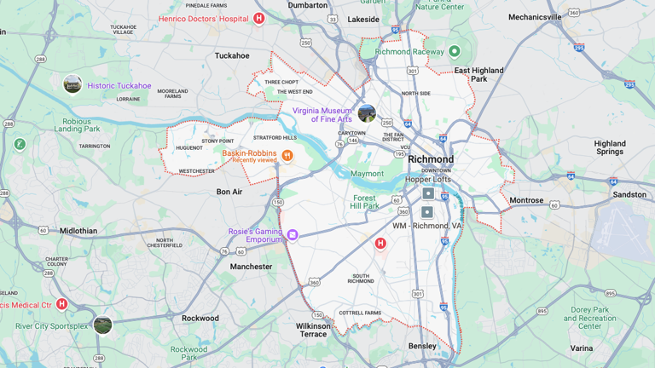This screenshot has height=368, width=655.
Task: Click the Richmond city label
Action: pyautogui.click(x=431, y=159)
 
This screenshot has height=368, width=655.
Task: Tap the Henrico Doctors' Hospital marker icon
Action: pyautogui.click(x=259, y=18)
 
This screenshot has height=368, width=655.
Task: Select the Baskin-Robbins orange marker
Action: pyautogui.click(x=287, y=155)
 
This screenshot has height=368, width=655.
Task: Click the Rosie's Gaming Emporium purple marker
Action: pyautogui.click(x=293, y=234)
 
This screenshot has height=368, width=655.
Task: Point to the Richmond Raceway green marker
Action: pyautogui.click(x=455, y=51)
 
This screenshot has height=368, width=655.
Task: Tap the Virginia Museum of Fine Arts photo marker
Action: pyautogui.click(x=367, y=113)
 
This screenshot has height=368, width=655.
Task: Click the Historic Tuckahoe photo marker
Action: pyautogui.click(x=72, y=84)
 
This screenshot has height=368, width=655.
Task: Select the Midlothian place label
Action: pyautogui.click(x=78, y=231)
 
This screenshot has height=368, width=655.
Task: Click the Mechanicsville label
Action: pyautogui.click(x=535, y=17)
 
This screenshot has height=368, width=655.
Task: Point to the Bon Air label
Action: pyautogui.click(x=229, y=193)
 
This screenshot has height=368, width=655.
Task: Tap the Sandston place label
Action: pyautogui.click(x=629, y=195)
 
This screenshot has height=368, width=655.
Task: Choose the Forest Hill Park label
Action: pyautogui.click(x=364, y=201)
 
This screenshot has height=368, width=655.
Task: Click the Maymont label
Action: pyautogui.click(x=368, y=174)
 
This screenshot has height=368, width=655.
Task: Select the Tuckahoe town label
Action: pyautogui.click(x=232, y=56)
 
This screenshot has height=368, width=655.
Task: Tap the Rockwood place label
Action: pyautogui.click(x=200, y=319)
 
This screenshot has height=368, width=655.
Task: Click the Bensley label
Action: pyautogui.click(x=422, y=346)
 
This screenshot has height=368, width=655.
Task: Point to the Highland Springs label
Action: pyautogui.click(x=610, y=147)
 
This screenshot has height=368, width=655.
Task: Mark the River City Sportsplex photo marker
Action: pyautogui.click(x=102, y=325)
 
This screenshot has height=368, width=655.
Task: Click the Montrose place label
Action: pyautogui.click(x=526, y=201)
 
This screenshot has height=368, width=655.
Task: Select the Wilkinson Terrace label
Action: pyautogui.click(x=313, y=330)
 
